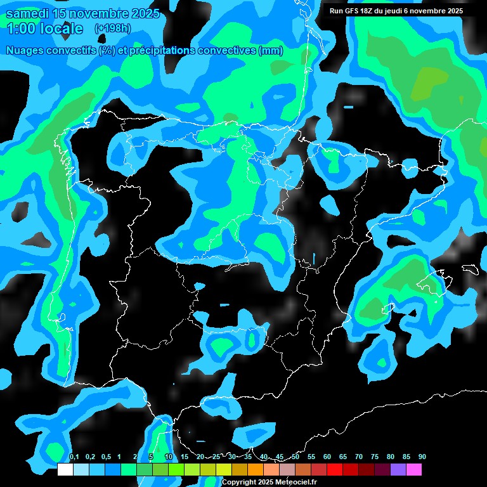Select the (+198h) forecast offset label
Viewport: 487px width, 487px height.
112,29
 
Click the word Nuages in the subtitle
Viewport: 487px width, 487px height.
25,51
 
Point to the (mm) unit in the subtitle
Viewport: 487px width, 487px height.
271,51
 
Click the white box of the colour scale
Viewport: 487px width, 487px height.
65,469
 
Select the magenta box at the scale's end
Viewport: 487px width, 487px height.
414,469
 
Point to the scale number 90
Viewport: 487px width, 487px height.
422,457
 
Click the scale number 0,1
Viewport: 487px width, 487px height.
74,457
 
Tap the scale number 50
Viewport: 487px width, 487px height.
295,457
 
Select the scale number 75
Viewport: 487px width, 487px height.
375,457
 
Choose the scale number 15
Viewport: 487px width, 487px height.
185,457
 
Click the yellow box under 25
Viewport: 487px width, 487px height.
223,469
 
